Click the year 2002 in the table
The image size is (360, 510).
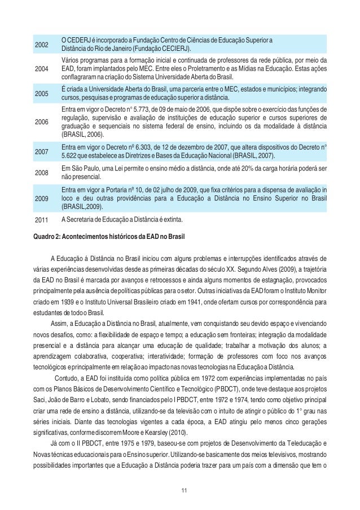pos(41,44)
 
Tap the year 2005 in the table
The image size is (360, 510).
pos(41,94)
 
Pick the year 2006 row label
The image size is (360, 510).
pos(41,121)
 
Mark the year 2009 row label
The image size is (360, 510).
pos(41,198)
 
